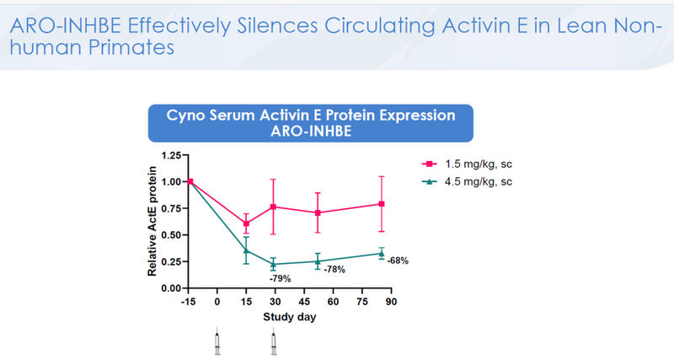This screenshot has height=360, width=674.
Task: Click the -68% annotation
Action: click(397, 261)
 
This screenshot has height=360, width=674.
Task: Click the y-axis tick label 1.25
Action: click(169, 155)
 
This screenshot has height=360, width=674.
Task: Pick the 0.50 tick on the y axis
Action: click(169, 234)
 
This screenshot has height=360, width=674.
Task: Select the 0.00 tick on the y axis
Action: click(169, 287)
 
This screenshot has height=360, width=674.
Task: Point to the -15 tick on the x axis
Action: click(190, 301)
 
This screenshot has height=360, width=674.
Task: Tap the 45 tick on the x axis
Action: click(303, 301)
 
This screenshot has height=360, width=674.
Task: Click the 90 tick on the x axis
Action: click(391, 301)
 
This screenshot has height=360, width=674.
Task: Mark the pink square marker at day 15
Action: click(246, 223)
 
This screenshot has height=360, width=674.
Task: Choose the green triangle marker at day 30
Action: click(273, 264)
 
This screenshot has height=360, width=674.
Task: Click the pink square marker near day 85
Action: click(382, 204)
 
